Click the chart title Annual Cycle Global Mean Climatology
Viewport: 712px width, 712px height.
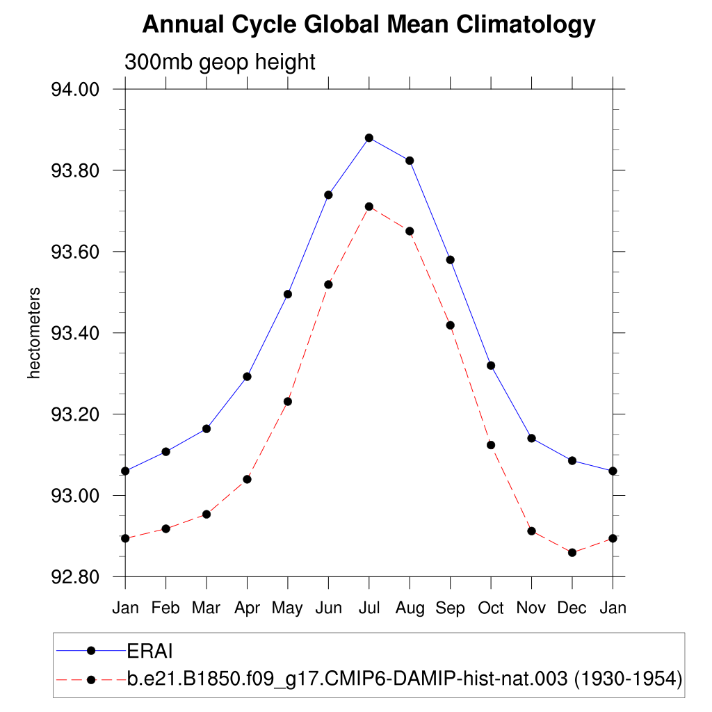click(369, 26)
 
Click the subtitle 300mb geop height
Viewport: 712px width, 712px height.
click(220, 62)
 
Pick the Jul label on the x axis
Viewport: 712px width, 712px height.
click(369, 608)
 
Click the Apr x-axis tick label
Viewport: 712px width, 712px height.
click(247, 608)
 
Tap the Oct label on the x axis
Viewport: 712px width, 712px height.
click(491, 608)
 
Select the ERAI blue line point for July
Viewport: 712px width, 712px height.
click(369, 138)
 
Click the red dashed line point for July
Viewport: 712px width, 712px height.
click(369, 207)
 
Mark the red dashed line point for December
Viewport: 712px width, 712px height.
click(572, 553)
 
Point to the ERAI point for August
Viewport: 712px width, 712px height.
click(410, 161)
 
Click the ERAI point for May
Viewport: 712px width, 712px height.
click(288, 294)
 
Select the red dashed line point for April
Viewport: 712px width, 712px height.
click(247, 479)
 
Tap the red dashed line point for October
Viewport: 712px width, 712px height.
click(491, 445)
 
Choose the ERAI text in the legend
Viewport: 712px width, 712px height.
click(149, 651)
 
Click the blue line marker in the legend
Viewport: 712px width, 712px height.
click(90, 651)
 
